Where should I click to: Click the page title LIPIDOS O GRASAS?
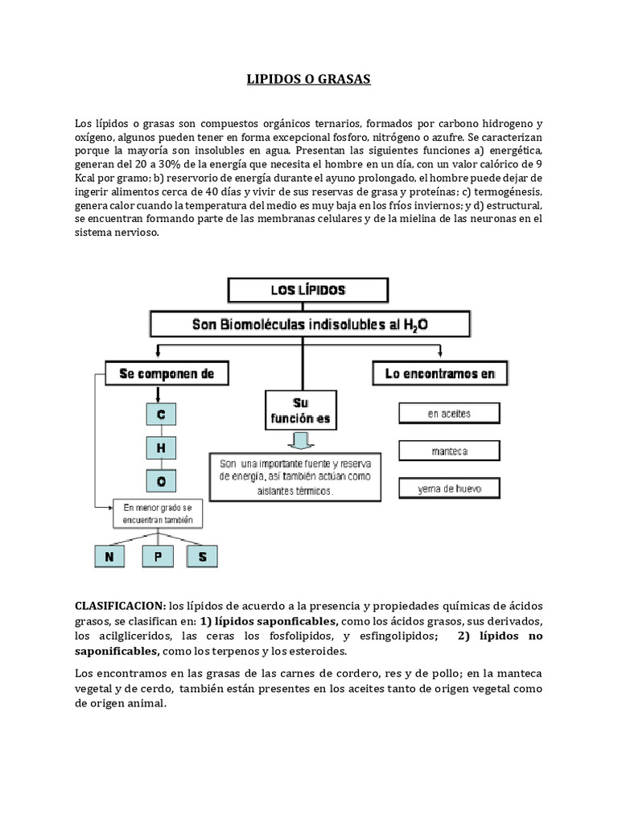tap(308, 80)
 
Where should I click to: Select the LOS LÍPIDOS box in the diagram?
tap(309, 289)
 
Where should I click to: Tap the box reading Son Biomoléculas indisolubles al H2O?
tap(309, 325)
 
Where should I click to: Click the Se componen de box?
tap(166, 374)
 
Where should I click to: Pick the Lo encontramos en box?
tap(440, 373)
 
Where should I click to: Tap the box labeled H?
tap(161, 448)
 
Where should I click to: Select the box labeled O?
tap(161, 480)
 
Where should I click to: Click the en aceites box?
tap(450, 414)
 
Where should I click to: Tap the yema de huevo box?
tap(450, 488)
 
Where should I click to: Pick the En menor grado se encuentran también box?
tap(158, 513)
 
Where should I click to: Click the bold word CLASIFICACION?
tap(121, 605)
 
